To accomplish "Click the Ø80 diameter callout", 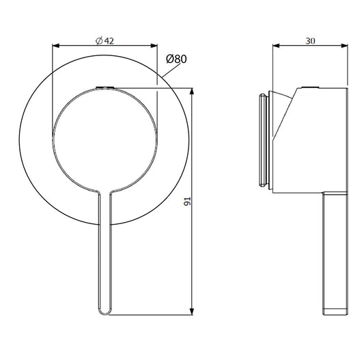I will click(176, 59).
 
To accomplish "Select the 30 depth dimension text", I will click(310, 40).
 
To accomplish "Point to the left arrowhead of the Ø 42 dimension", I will click(56, 46).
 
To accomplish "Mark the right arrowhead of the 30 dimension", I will click(346, 46).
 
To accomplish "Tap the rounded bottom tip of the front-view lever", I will click(104, 313).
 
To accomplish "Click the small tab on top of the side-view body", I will click(310, 88).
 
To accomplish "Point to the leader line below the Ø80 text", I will click(163, 75).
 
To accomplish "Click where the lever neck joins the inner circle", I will click(104, 192).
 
